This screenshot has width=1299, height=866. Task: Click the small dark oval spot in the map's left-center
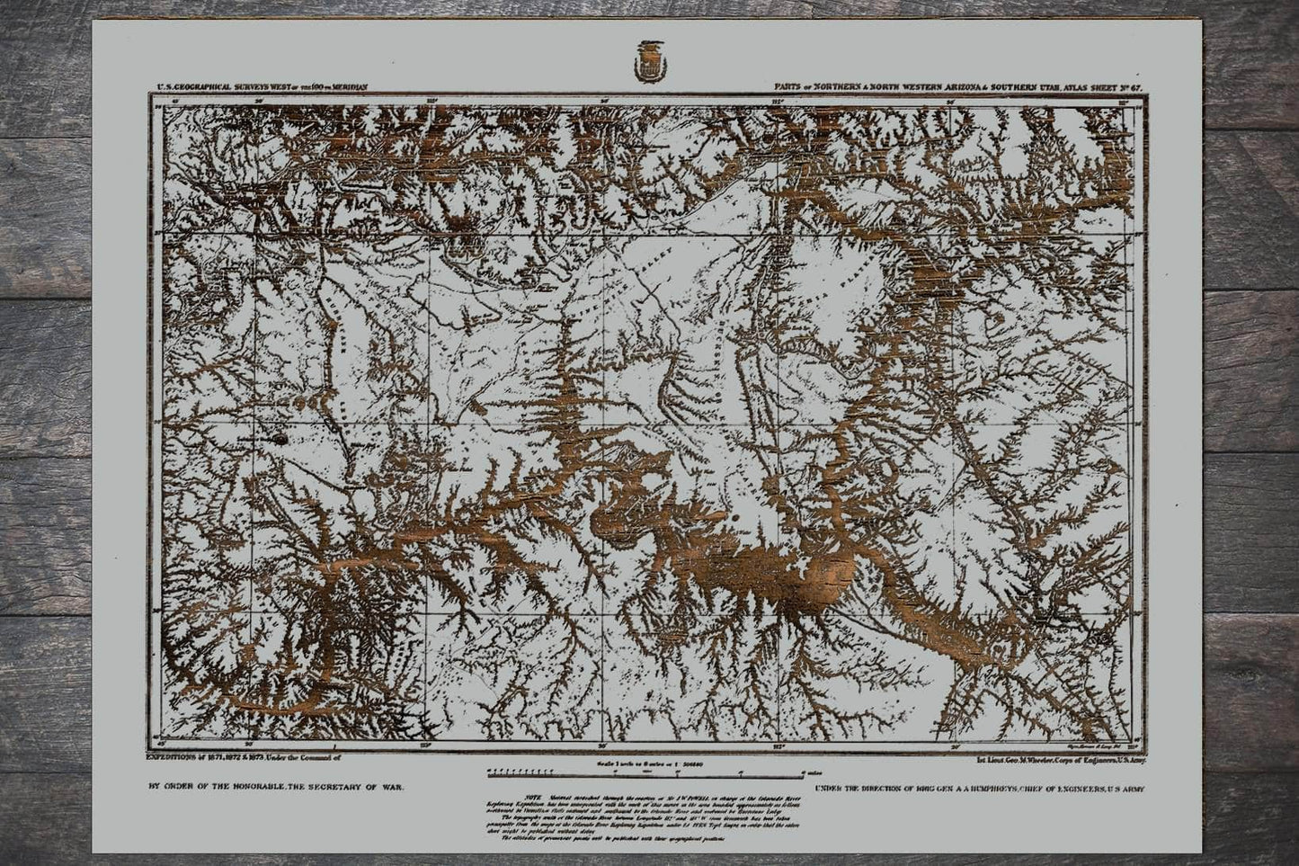click(x=278, y=439)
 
